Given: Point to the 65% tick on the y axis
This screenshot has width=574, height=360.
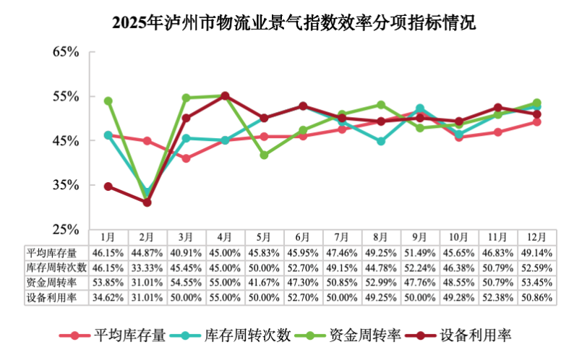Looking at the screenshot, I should point(66,52).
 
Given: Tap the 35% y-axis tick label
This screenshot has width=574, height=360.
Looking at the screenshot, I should point(66,185).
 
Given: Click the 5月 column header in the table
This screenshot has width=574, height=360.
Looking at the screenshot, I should point(264,237).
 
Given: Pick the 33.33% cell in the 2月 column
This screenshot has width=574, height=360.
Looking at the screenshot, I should point(147,267).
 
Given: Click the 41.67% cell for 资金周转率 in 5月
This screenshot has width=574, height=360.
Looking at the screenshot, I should point(264,283).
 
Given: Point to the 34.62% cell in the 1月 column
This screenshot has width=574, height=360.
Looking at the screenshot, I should point(108,297).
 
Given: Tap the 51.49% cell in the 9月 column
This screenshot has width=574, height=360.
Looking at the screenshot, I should point(420,252).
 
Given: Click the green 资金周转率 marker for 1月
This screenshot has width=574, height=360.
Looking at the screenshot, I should point(108,101).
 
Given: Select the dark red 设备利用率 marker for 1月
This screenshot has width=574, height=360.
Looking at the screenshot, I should point(108,187).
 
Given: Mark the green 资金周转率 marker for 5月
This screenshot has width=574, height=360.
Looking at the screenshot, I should point(264,155).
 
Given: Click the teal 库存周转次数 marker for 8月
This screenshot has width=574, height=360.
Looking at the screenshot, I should point(381,141).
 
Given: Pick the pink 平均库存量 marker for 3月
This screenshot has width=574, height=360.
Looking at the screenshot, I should point(186,158).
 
